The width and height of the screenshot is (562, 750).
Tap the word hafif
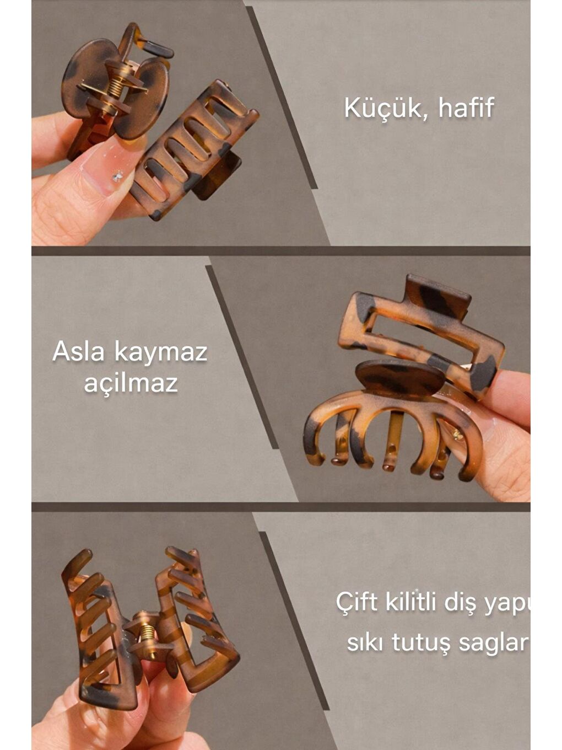466,108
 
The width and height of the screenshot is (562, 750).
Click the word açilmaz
131,383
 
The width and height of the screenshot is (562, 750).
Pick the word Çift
356,602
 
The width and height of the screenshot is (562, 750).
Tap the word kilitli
414,602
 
